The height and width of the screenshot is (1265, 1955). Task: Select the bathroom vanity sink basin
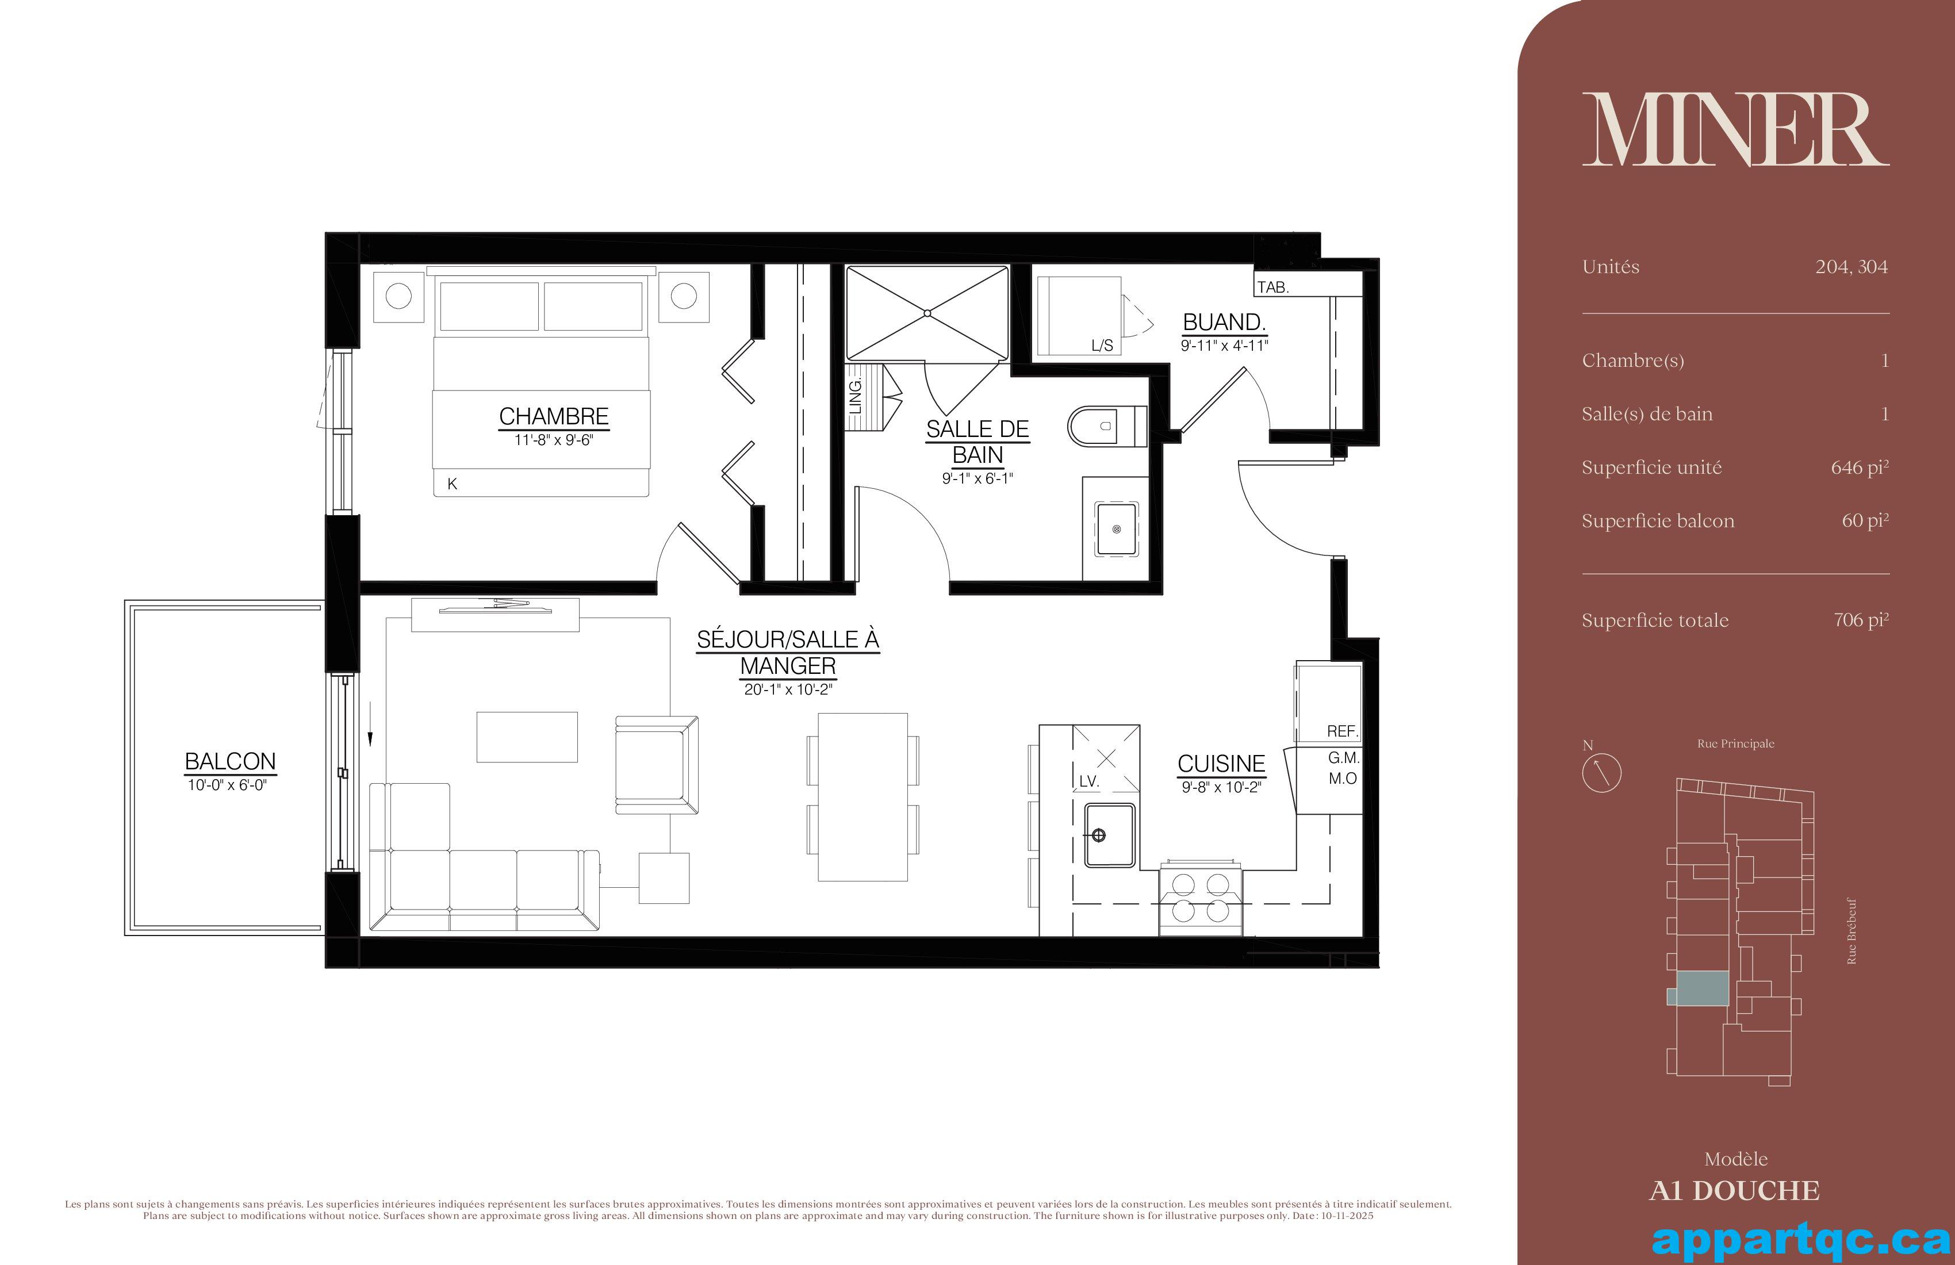[x=1115, y=530]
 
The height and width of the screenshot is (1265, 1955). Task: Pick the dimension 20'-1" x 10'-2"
[x=788, y=690]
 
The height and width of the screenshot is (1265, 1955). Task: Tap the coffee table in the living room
[x=527, y=737]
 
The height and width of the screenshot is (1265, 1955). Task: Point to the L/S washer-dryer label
[x=1102, y=346]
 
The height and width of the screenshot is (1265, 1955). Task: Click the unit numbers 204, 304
[x=1851, y=267]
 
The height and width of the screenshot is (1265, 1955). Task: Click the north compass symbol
[x=1601, y=772]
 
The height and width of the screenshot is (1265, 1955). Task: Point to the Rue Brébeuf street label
[x=1851, y=931]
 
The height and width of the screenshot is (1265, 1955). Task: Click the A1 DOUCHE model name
[x=1735, y=1191]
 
